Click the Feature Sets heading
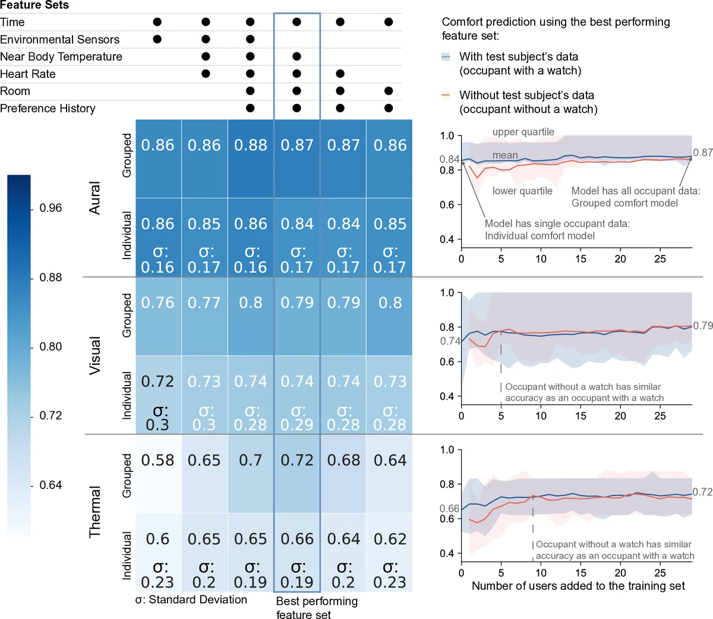click(34, 5)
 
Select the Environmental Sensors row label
click(59, 40)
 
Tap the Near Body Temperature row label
click(61, 57)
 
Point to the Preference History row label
click(48, 109)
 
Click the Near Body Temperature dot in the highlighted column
click(296, 56)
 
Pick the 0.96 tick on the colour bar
click(51, 208)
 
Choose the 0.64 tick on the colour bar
click(51, 485)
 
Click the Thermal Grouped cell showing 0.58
click(158, 460)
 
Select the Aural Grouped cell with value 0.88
click(251, 146)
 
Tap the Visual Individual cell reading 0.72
click(158, 381)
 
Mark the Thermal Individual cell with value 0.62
click(390, 539)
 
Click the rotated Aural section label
click(94, 198)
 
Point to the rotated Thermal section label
click(94, 511)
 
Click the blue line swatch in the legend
click(446, 57)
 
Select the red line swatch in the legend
click(446, 95)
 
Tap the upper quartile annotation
click(523, 132)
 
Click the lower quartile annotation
click(522, 191)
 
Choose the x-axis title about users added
click(578, 586)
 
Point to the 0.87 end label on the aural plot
click(702, 153)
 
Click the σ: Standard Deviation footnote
click(191, 600)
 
